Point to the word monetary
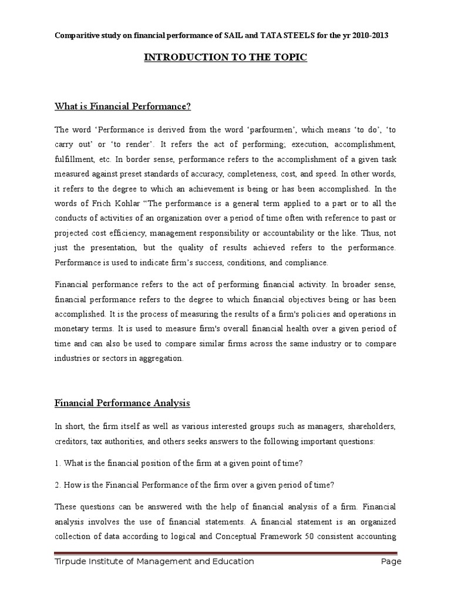74,329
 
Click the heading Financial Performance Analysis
123,403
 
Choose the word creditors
71,440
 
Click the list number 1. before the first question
58,464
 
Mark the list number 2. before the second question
58,485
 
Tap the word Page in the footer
391,562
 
